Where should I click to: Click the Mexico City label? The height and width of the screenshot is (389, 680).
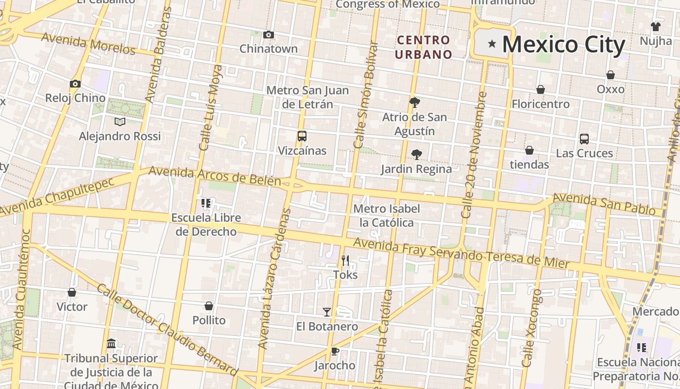tap(563, 44)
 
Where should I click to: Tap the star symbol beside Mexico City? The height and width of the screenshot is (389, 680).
tap(492, 44)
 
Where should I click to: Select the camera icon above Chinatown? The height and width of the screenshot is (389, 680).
tap(269, 35)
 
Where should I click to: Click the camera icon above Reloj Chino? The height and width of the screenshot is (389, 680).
tap(75, 84)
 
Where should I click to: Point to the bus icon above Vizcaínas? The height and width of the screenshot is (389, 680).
tap(302, 136)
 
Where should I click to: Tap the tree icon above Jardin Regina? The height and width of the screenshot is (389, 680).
tap(416, 155)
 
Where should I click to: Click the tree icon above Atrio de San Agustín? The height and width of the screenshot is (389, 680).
tap(414, 102)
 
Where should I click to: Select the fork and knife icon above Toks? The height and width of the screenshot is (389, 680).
tap(345, 261)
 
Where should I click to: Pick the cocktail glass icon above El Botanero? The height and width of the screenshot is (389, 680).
tap(327, 312)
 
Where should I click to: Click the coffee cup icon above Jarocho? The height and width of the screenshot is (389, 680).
tap(334, 351)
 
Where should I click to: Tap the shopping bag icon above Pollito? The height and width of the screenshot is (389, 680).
tap(209, 306)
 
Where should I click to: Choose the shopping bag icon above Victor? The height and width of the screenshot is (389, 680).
tap(72, 292)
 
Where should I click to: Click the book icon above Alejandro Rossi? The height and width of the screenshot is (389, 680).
tap(119, 122)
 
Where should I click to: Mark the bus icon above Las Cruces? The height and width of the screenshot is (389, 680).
tap(584, 139)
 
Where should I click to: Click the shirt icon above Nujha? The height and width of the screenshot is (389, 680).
tap(656, 26)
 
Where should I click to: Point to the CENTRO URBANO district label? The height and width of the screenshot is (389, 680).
tap(423, 47)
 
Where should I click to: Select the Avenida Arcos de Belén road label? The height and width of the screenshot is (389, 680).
tap(215, 176)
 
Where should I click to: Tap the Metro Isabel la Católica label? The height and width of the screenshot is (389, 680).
tap(387, 215)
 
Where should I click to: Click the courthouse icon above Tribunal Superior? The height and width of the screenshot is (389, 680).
tap(111, 344)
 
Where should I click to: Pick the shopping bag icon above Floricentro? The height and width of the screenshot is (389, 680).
tap(540, 90)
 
